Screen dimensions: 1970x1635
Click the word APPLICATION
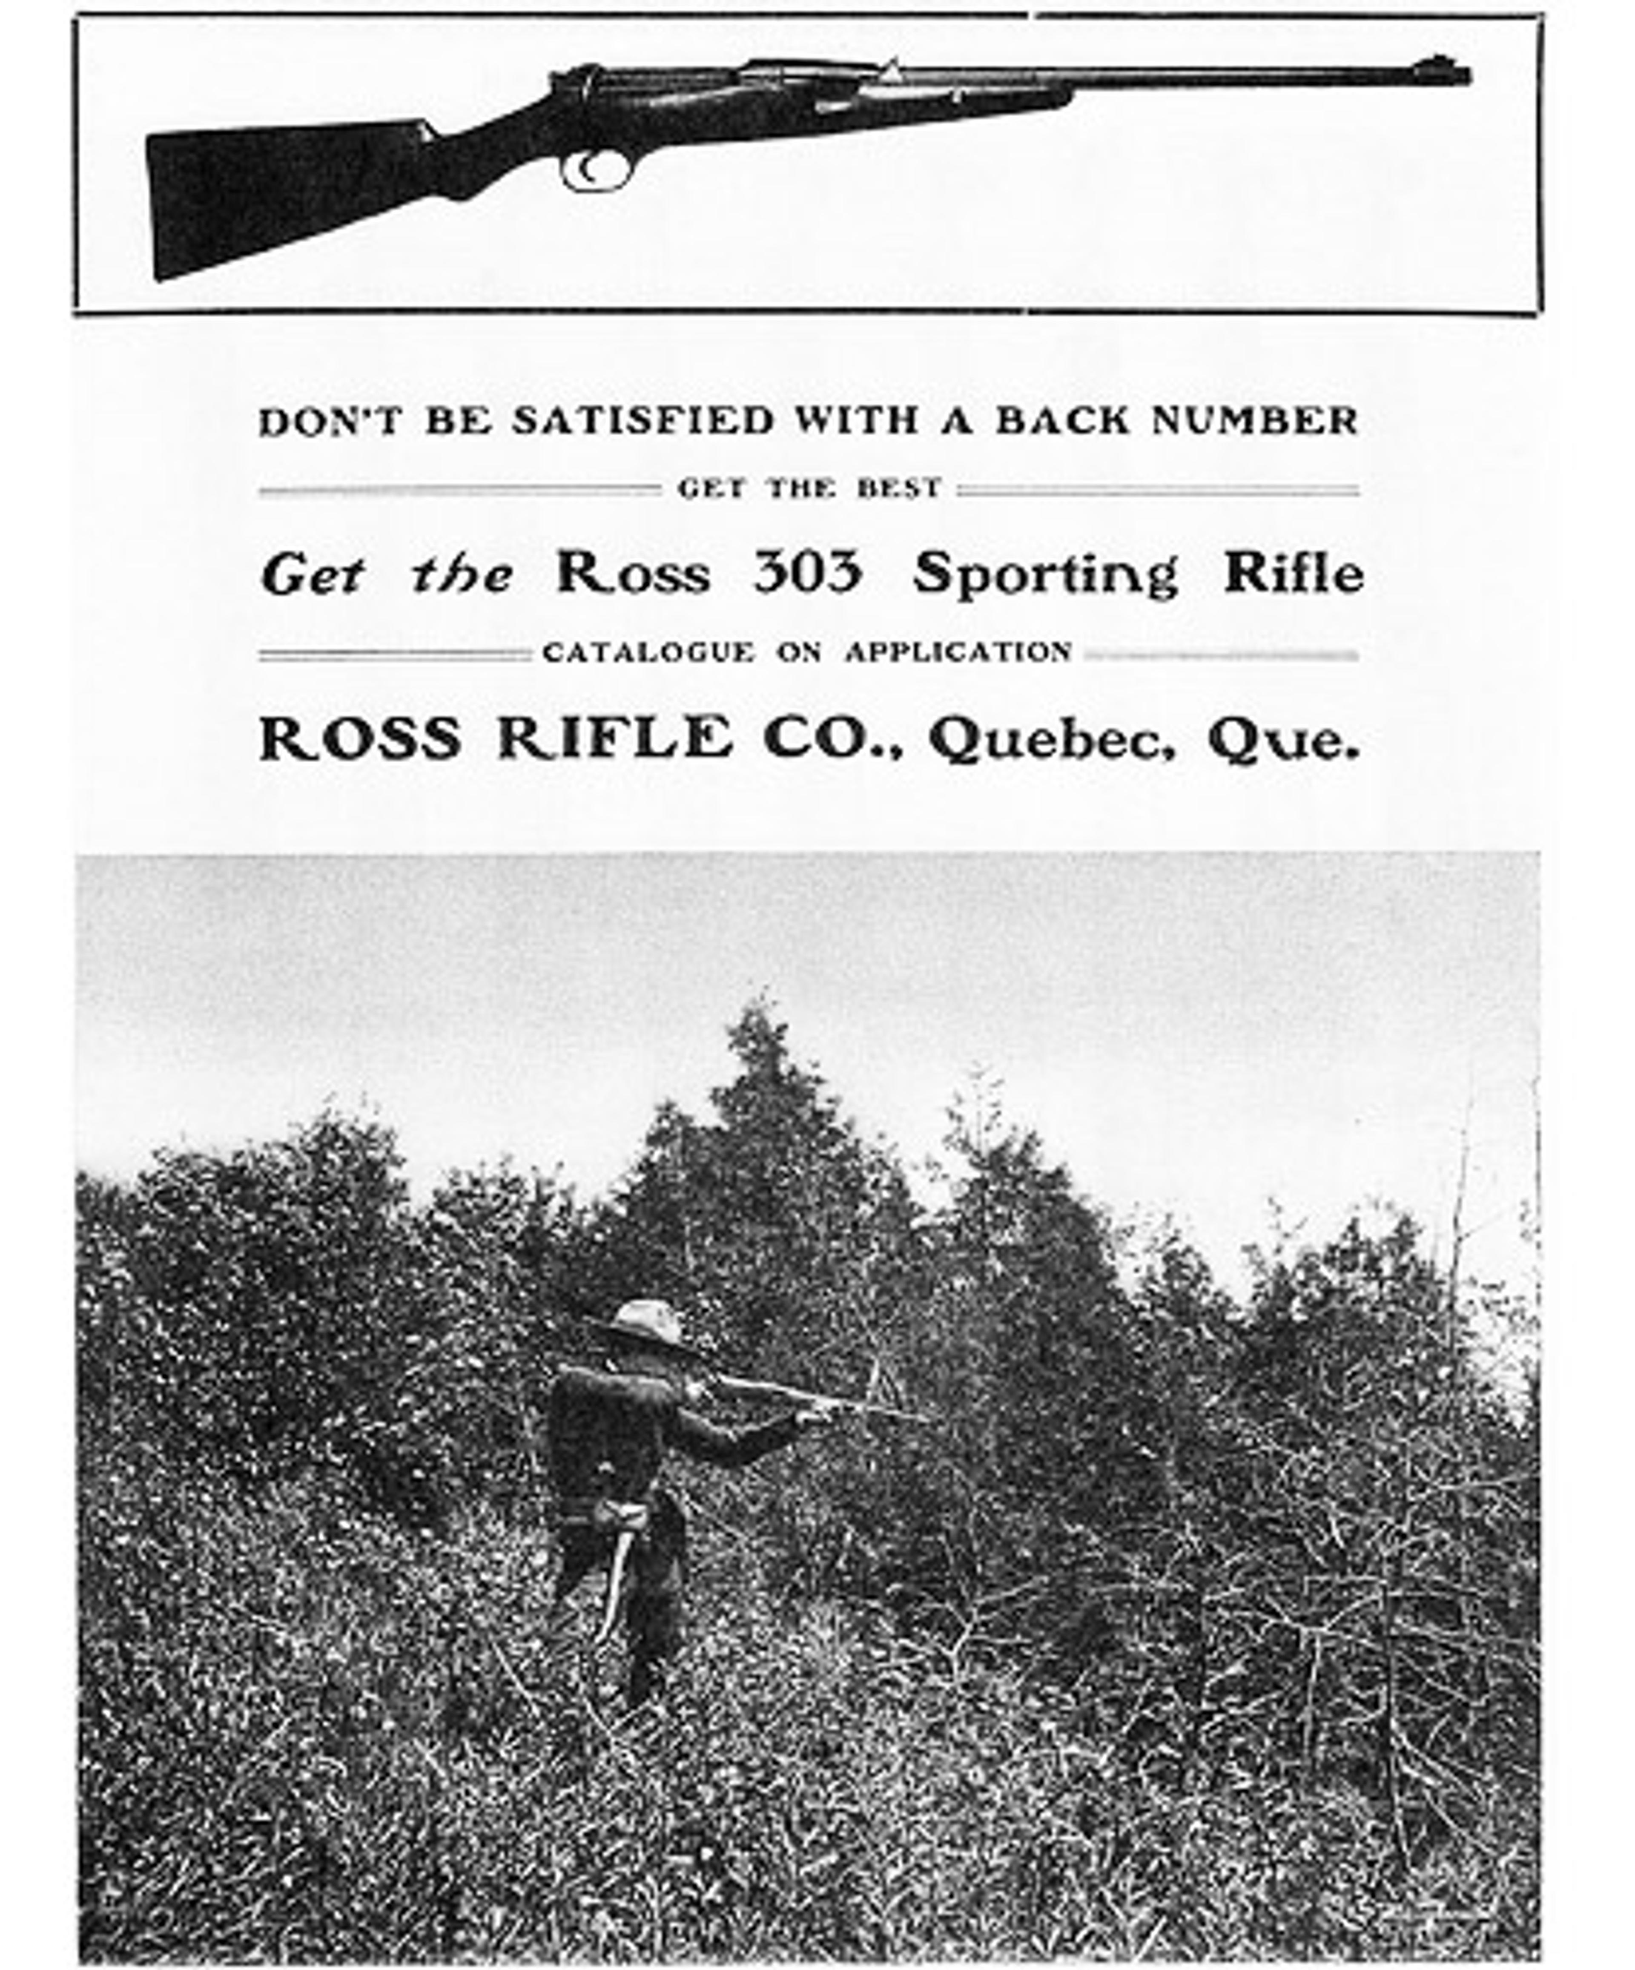click(x=958, y=652)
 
